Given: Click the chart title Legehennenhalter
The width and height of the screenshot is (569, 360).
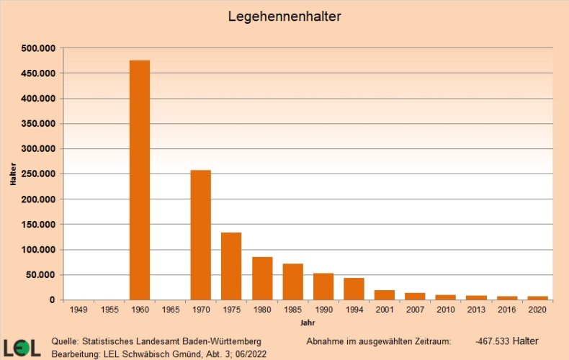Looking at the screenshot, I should tap(284, 15).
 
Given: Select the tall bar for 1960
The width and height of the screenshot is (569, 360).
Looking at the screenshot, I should tap(140, 180).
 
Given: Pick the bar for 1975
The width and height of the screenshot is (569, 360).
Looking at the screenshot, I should tap(231, 266).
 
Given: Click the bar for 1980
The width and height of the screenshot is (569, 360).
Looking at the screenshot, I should tap(262, 278).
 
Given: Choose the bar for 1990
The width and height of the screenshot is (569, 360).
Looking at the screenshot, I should tap(323, 287).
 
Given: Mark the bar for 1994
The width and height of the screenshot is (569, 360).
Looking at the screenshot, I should tap(354, 289).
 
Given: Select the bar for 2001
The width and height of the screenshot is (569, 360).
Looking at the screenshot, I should tap(385, 294).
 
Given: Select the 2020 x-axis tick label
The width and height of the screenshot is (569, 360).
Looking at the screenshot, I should tap(537, 310).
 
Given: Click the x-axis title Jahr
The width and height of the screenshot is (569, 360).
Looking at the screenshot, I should tap(308, 323).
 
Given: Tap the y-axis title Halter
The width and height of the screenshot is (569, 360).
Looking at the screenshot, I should tap(14, 174).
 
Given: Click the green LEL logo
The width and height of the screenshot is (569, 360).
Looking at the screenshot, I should tap(22, 346).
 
